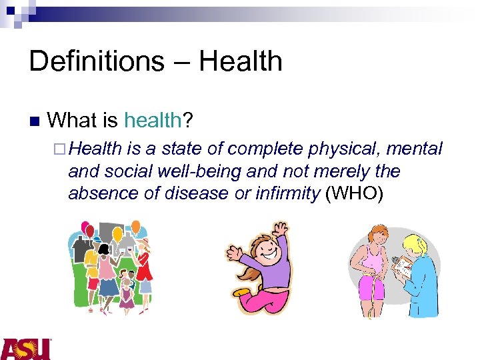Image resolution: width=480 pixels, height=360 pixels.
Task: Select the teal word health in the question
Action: tap(153, 121)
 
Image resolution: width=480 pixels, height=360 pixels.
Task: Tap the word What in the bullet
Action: tap(73, 121)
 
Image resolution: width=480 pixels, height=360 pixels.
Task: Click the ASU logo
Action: tap(25, 349)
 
